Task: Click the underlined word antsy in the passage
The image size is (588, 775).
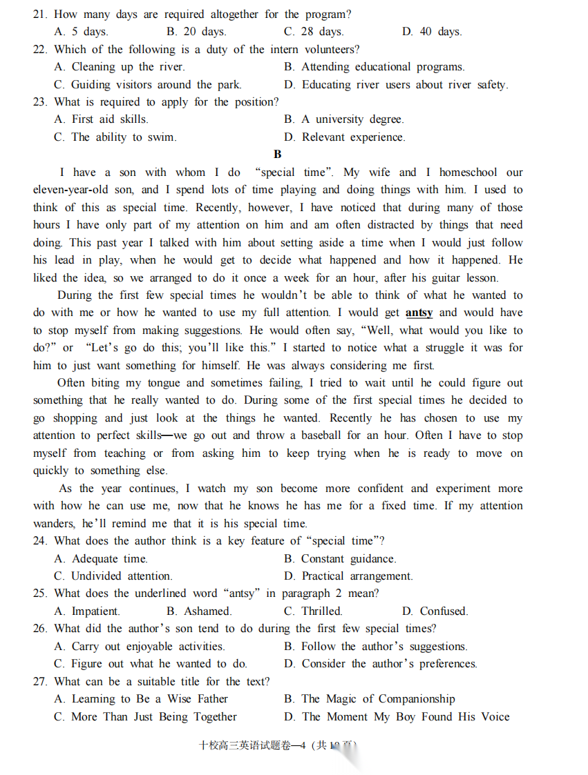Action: tap(419, 313)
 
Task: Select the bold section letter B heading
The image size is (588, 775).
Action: tap(278, 155)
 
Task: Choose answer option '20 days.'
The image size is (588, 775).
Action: tap(196, 32)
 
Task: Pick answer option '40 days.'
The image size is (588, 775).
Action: tap(432, 32)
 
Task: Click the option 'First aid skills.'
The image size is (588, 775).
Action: tap(102, 119)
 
